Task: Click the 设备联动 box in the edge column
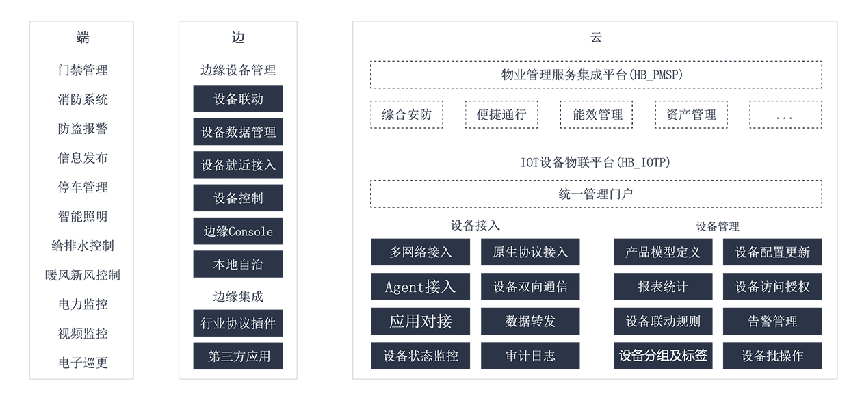click(x=238, y=99)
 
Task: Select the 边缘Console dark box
click(x=238, y=231)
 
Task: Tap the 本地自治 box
click(x=238, y=264)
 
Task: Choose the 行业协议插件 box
click(x=238, y=323)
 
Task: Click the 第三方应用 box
click(x=238, y=356)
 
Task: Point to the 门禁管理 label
click(x=83, y=70)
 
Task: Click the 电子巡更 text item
click(x=83, y=363)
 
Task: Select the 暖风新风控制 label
click(x=83, y=275)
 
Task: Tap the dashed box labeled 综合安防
click(x=406, y=114)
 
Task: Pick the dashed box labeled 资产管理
click(x=690, y=114)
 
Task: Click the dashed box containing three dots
click(x=785, y=114)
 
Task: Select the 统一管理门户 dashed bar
click(x=595, y=194)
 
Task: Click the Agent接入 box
click(x=420, y=287)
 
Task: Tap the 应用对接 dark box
click(x=420, y=321)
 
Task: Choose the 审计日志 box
click(x=530, y=356)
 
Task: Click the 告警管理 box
click(x=772, y=321)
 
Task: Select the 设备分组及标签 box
click(x=662, y=356)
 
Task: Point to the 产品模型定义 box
click(x=662, y=252)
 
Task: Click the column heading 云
click(x=596, y=38)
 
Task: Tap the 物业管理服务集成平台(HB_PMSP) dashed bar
click(x=595, y=75)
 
